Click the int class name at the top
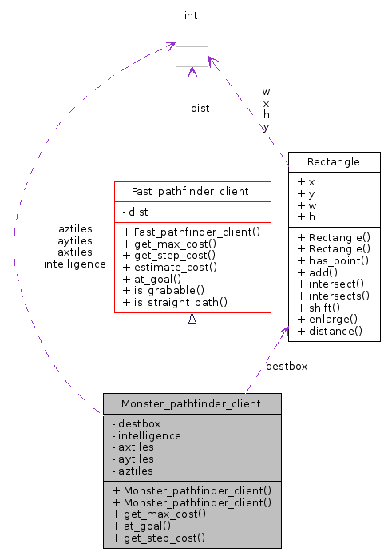[x=191, y=14]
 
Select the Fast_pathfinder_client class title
[x=192, y=191]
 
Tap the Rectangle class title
[x=334, y=161]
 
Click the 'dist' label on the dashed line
[x=200, y=108]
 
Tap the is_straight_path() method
[x=176, y=302]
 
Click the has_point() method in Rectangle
[x=333, y=260]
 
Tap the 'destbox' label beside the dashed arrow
[x=287, y=366]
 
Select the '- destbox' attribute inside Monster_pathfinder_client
[x=137, y=423]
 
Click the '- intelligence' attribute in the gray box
[x=147, y=435]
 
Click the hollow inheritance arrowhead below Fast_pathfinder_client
[x=192, y=319]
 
